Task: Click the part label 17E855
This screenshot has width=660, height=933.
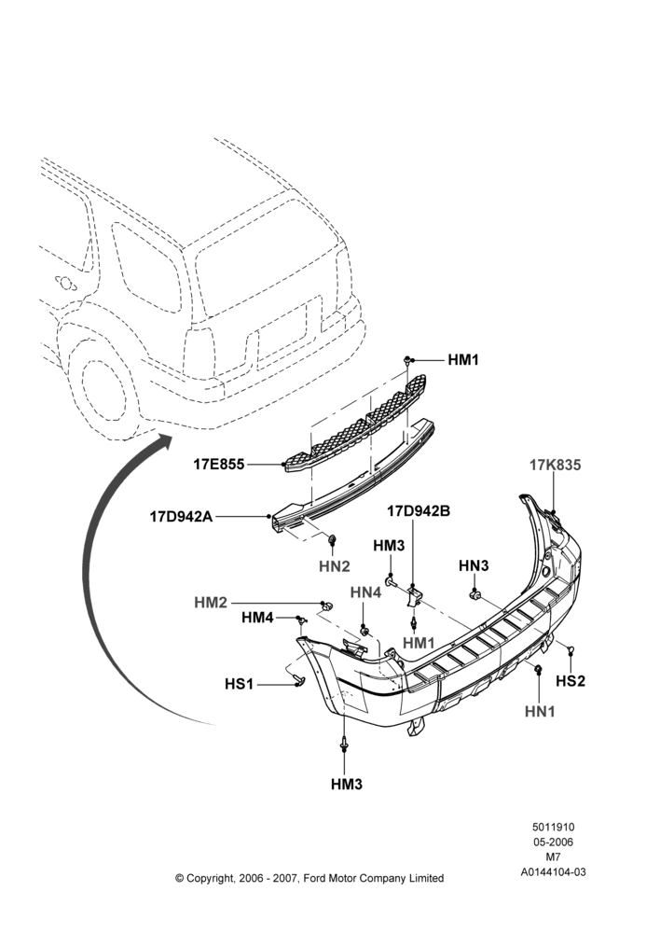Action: [219, 464]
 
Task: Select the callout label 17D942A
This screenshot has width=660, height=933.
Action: [181, 516]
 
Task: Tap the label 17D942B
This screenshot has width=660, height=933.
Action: [419, 510]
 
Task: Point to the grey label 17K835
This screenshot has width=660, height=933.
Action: [555, 465]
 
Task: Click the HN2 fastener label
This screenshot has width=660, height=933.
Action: [334, 566]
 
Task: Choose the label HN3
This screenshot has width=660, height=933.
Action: [474, 565]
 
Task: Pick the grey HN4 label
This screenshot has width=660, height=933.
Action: [365, 592]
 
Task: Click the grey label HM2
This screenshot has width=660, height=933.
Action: [211, 603]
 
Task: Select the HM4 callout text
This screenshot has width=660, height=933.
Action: [257, 619]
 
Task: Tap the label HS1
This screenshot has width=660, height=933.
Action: [239, 684]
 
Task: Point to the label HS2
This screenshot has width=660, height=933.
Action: [571, 680]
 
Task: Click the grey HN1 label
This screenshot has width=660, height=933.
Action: [540, 711]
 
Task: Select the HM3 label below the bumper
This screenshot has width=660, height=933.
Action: [347, 785]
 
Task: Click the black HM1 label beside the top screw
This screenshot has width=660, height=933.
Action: [463, 360]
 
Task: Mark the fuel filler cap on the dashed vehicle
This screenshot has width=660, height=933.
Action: [65, 284]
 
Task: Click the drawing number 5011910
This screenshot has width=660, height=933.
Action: [553, 827]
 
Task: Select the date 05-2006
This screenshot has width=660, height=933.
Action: [553, 842]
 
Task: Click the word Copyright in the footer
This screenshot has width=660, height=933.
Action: [210, 878]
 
